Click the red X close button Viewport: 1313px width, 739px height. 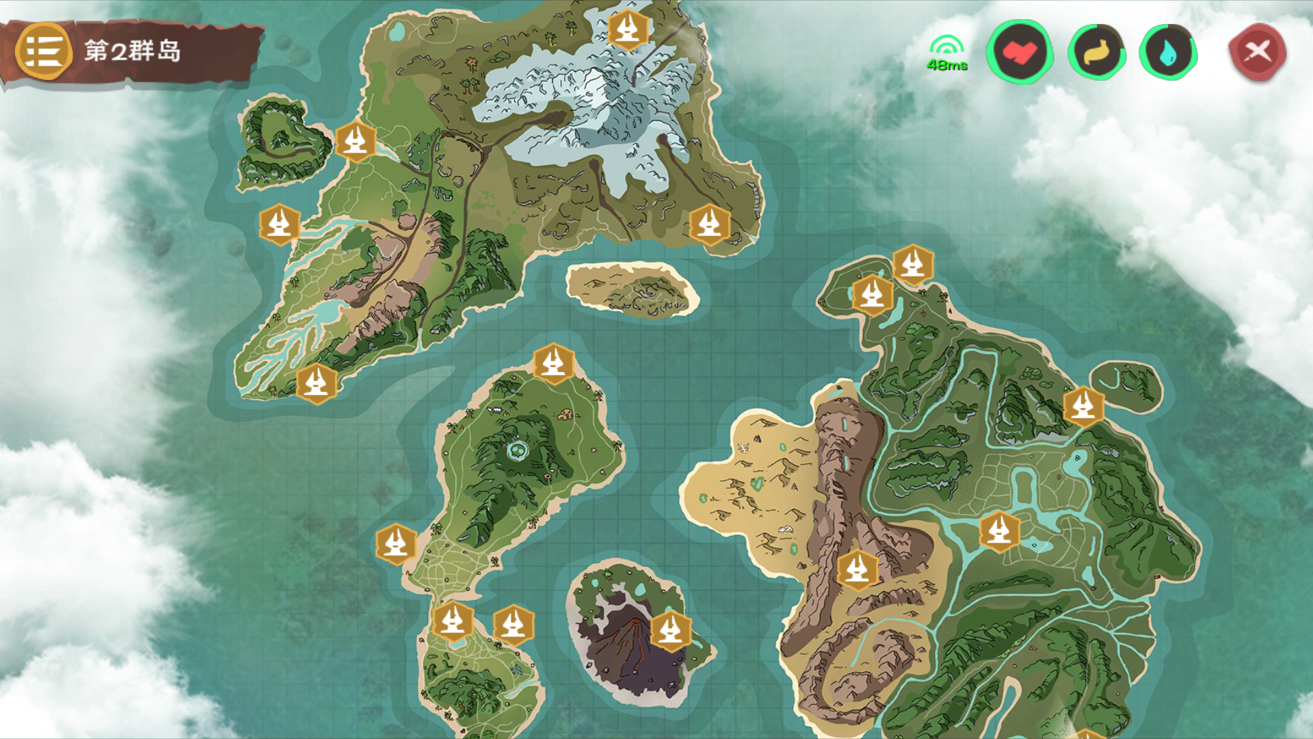pyautogui.click(x=1257, y=51)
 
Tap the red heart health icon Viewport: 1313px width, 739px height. pyautogui.click(x=1019, y=52)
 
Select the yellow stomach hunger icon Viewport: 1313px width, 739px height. pyautogui.click(x=1096, y=52)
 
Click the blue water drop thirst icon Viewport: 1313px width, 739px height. pyautogui.click(x=1168, y=52)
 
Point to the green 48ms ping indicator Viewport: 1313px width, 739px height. pyautogui.click(x=946, y=54)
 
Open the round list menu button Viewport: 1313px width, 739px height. pyautogui.click(x=44, y=51)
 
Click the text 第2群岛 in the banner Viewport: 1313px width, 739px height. pyautogui.click(x=133, y=51)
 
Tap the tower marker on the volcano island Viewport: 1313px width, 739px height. pyautogui.click(x=670, y=630)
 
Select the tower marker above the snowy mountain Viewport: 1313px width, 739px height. pyautogui.click(x=628, y=29)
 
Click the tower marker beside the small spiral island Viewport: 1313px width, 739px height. pyautogui.click(x=356, y=142)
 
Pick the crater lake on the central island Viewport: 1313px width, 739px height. pyautogui.click(x=518, y=450)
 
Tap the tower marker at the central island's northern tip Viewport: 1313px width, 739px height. pyautogui.click(x=553, y=363)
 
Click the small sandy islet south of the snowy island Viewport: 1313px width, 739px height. pyautogui.click(x=632, y=289)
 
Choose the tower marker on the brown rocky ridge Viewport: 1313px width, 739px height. pyautogui.click(x=857, y=569)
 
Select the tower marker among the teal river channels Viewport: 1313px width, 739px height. pyautogui.click(x=999, y=531)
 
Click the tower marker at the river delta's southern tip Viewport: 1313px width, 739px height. pyautogui.click(x=316, y=383)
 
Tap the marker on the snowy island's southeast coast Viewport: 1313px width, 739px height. pyautogui.click(x=709, y=224)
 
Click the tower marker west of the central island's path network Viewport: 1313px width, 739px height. pyautogui.click(x=396, y=544)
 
